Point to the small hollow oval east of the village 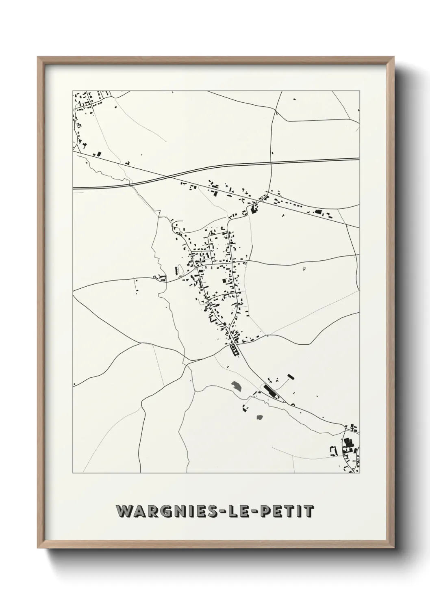304,268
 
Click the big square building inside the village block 224,281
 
